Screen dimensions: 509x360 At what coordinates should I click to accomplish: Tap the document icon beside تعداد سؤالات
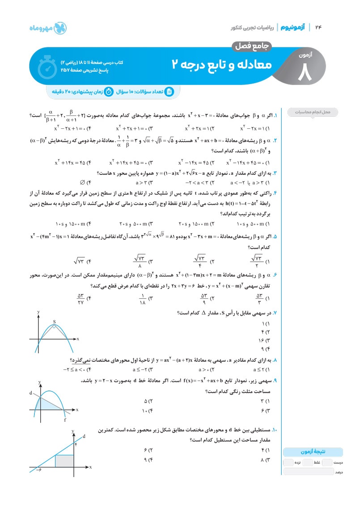click(x=169, y=92)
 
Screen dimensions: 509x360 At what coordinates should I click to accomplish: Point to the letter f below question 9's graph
click(x=65, y=420)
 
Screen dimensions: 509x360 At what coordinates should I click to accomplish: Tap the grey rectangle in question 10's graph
click(x=64, y=461)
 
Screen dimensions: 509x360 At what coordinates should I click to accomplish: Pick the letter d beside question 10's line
click(x=84, y=435)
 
